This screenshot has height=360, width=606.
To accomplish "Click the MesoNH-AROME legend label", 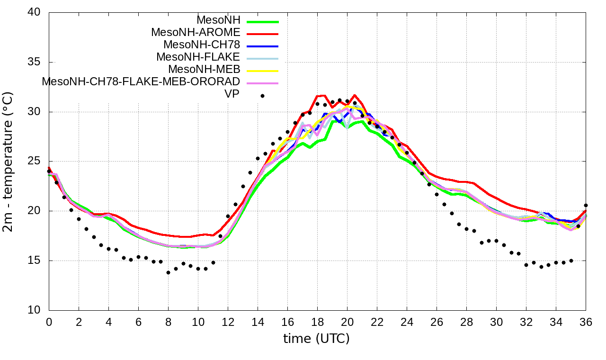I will tap(196, 32).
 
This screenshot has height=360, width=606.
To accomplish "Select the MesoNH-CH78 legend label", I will tap(202, 45).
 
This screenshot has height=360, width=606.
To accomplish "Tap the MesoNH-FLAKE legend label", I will tap(198, 57).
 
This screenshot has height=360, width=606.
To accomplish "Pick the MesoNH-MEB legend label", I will tap(208, 69).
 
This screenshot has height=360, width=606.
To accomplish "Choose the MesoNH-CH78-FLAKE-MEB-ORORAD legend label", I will tap(141, 81).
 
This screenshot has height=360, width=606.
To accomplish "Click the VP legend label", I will tap(232, 93).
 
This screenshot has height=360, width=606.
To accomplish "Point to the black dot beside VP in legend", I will tap(262, 96).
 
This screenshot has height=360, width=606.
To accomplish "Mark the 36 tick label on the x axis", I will tap(586, 322).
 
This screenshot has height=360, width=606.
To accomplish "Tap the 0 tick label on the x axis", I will tap(49, 322).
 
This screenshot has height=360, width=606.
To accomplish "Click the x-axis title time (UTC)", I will tap(316, 339).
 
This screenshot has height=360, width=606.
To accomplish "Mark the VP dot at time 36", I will tap(586, 205).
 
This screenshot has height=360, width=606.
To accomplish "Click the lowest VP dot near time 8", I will tap(168, 272).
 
